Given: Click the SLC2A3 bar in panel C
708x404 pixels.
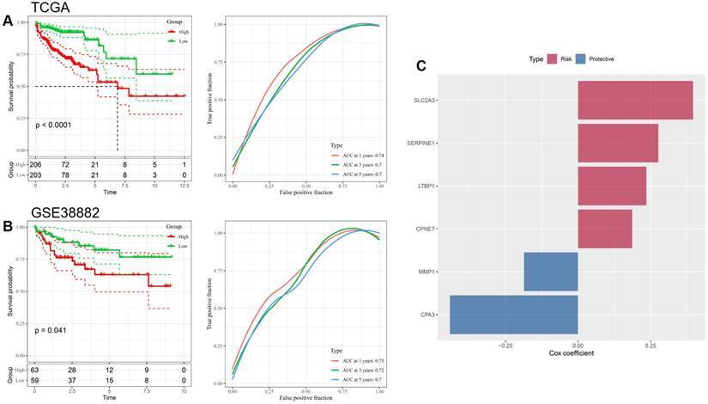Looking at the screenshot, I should (635, 100).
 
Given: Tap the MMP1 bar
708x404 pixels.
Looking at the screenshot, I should (550, 272).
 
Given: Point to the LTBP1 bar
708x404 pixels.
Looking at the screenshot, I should (612, 186).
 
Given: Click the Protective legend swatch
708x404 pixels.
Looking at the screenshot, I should (581, 58).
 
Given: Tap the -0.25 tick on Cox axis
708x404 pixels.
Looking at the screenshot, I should (505, 345).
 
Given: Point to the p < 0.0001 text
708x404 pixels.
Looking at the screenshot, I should (60, 125).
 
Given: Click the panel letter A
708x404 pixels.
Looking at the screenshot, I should (7, 21).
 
